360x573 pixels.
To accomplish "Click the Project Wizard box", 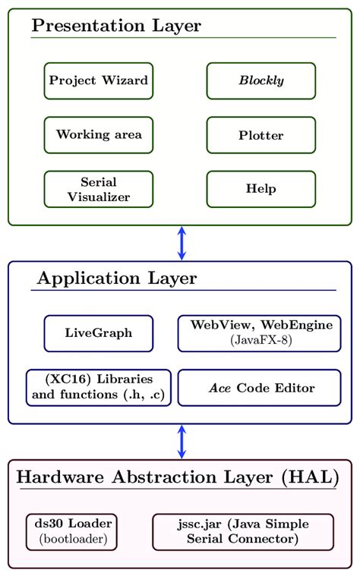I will [99, 80].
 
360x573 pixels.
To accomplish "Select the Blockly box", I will [261, 80].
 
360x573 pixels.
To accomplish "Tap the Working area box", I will [99, 135].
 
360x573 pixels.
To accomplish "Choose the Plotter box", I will [261, 135].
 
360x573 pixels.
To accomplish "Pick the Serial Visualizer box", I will [99, 189].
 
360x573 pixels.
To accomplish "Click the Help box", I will [261, 189].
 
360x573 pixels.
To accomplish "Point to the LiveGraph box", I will [99, 333].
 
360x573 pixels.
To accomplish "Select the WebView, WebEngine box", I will [259, 333].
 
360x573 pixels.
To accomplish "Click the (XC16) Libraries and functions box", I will [99, 388].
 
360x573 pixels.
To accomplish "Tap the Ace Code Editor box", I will [259, 388].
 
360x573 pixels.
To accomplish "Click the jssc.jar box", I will [243, 531].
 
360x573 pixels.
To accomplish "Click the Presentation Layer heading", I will [116, 26].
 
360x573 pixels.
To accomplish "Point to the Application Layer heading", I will [117, 279].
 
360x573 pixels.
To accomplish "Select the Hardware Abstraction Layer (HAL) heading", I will [178, 477].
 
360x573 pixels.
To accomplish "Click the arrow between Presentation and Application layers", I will [182, 243].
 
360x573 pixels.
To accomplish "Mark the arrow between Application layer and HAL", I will [182, 441].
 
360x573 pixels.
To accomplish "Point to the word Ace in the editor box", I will [219, 388].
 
